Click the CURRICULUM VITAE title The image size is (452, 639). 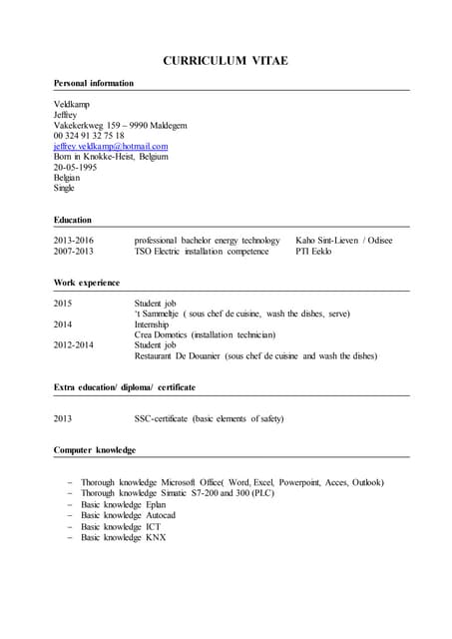click(226, 61)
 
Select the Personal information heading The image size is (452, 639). click(94, 83)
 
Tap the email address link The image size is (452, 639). click(111, 146)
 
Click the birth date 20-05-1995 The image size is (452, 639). click(76, 167)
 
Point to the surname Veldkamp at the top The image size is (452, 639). click(73, 104)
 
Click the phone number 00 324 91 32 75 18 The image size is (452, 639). click(89, 136)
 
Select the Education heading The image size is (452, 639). click(72, 220)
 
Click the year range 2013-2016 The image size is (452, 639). click(73, 241)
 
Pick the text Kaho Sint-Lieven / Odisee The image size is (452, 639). click(343, 241)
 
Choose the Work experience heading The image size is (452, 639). click(86, 283)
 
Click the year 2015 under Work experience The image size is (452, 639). click(63, 303)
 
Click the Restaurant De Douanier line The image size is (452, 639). click(255, 355)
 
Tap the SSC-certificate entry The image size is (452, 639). click(209, 418)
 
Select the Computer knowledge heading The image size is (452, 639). click(95, 450)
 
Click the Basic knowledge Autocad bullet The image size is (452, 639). click(128, 515)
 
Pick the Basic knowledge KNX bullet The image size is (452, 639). click(123, 537)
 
